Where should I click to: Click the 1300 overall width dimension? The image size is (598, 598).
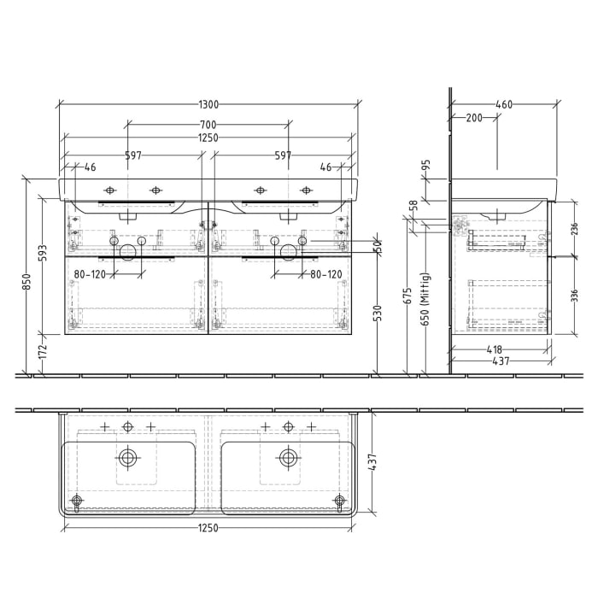[x=208, y=104]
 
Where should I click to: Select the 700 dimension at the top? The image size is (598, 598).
[x=208, y=126]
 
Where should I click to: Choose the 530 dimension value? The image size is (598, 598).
[x=378, y=313]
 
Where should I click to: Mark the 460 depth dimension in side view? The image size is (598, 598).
[x=504, y=104]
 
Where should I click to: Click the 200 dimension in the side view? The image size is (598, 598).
[x=473, y=118]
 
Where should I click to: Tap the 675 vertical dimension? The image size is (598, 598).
[x=408, y=296]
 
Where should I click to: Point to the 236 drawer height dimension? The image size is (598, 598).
[x=574, y=228]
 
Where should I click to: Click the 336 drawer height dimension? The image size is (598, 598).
[x=574, y=295]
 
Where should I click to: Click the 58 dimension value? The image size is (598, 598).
[x=414, y=206]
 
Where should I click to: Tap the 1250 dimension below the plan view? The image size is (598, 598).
[x=208, y=527]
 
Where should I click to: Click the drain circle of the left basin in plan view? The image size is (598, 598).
[x=128, y=458]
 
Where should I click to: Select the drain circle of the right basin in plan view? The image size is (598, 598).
[x=288, y=458]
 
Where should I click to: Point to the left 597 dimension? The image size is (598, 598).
[x=132, y=155]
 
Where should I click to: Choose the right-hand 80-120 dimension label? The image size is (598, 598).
[x=325, y=274]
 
